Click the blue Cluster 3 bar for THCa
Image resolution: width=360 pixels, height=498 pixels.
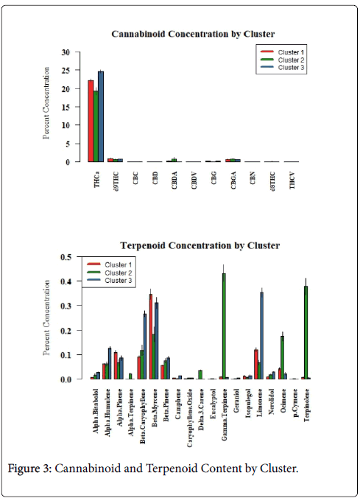coord(101,116)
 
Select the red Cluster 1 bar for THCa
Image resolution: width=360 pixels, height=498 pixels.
coord(91,121)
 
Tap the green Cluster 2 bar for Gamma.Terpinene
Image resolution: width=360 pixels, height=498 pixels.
coord(224,326)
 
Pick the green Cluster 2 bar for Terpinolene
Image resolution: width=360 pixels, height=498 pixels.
coord(306,332)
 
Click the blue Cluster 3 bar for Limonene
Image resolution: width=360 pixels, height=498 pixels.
coord(261,335)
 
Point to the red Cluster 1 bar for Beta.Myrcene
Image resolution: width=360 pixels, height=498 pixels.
coord(150,337)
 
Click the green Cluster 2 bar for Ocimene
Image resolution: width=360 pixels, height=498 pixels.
coord(282,357)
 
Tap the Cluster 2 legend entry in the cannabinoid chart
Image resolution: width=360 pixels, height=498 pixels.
coord(282,60)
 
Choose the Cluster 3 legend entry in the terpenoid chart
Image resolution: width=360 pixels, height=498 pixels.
coord(108,281)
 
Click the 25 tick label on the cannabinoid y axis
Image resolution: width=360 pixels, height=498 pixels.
coord(66,70)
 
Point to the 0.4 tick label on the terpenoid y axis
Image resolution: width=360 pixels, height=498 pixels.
coord(66,281)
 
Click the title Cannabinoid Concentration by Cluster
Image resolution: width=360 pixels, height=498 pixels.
coord(193,34)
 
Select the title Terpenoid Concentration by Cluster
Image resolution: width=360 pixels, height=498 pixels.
coord(200,245)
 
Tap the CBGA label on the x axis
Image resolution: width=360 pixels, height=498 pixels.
coord(233,180)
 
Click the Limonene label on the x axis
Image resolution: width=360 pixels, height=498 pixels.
coord(260,401)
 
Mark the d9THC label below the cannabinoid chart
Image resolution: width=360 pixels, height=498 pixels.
coord(116,181)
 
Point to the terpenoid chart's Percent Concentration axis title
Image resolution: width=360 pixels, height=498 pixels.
coord(46,318)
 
